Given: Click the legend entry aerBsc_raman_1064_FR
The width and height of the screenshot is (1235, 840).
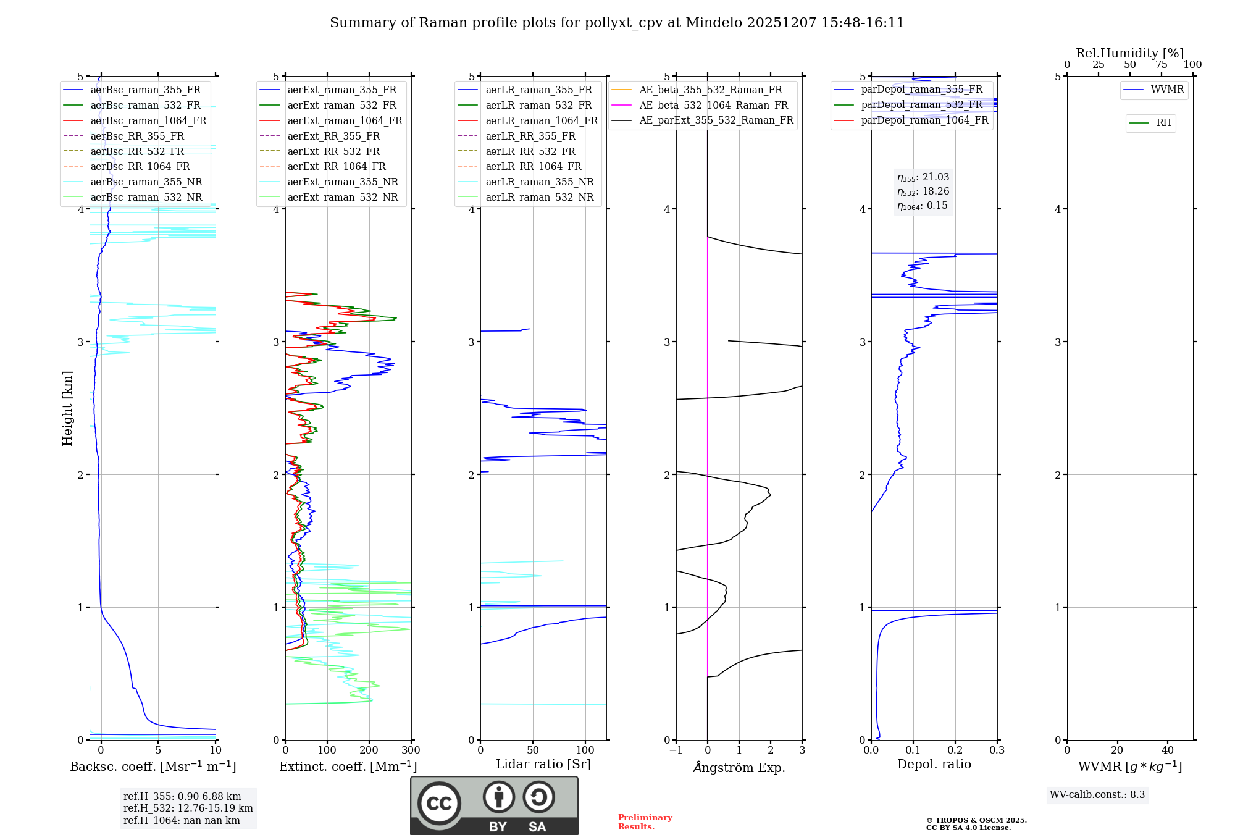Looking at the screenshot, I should (148, 120).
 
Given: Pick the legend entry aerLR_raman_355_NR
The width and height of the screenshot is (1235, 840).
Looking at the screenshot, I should (539, 182).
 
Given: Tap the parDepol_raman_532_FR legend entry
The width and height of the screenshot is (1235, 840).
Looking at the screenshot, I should (921, 104).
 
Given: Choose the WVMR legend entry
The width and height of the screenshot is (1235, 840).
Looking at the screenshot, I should (1167, 90).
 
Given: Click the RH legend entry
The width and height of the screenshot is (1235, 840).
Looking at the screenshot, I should (1163, 123).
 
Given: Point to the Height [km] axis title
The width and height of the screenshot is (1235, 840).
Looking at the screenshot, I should (67, 408).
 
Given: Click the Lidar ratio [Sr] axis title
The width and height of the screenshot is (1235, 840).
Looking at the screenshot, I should (543, 764).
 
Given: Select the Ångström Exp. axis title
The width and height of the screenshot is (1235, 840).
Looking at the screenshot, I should (739, 767).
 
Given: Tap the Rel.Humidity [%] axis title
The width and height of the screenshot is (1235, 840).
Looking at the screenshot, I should (1129, 53).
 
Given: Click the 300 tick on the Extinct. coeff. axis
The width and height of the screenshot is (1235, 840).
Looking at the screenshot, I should (411, 750).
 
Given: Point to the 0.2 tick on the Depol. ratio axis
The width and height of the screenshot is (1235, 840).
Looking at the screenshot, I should (955, 750).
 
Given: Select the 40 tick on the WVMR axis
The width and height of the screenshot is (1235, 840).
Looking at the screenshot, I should (1168, 750).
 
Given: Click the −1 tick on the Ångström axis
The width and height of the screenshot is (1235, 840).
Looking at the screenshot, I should (676, 750).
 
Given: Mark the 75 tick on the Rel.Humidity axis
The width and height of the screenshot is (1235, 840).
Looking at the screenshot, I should (1161, 65).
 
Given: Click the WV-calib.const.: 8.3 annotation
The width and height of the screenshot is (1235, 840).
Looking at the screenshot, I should (1097, 795).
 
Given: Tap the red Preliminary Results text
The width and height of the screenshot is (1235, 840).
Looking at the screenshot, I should (645, 822).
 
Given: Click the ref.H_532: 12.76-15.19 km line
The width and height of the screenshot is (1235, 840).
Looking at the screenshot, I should (188, 808).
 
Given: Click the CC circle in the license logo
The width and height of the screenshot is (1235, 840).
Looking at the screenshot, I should (439, 804).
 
